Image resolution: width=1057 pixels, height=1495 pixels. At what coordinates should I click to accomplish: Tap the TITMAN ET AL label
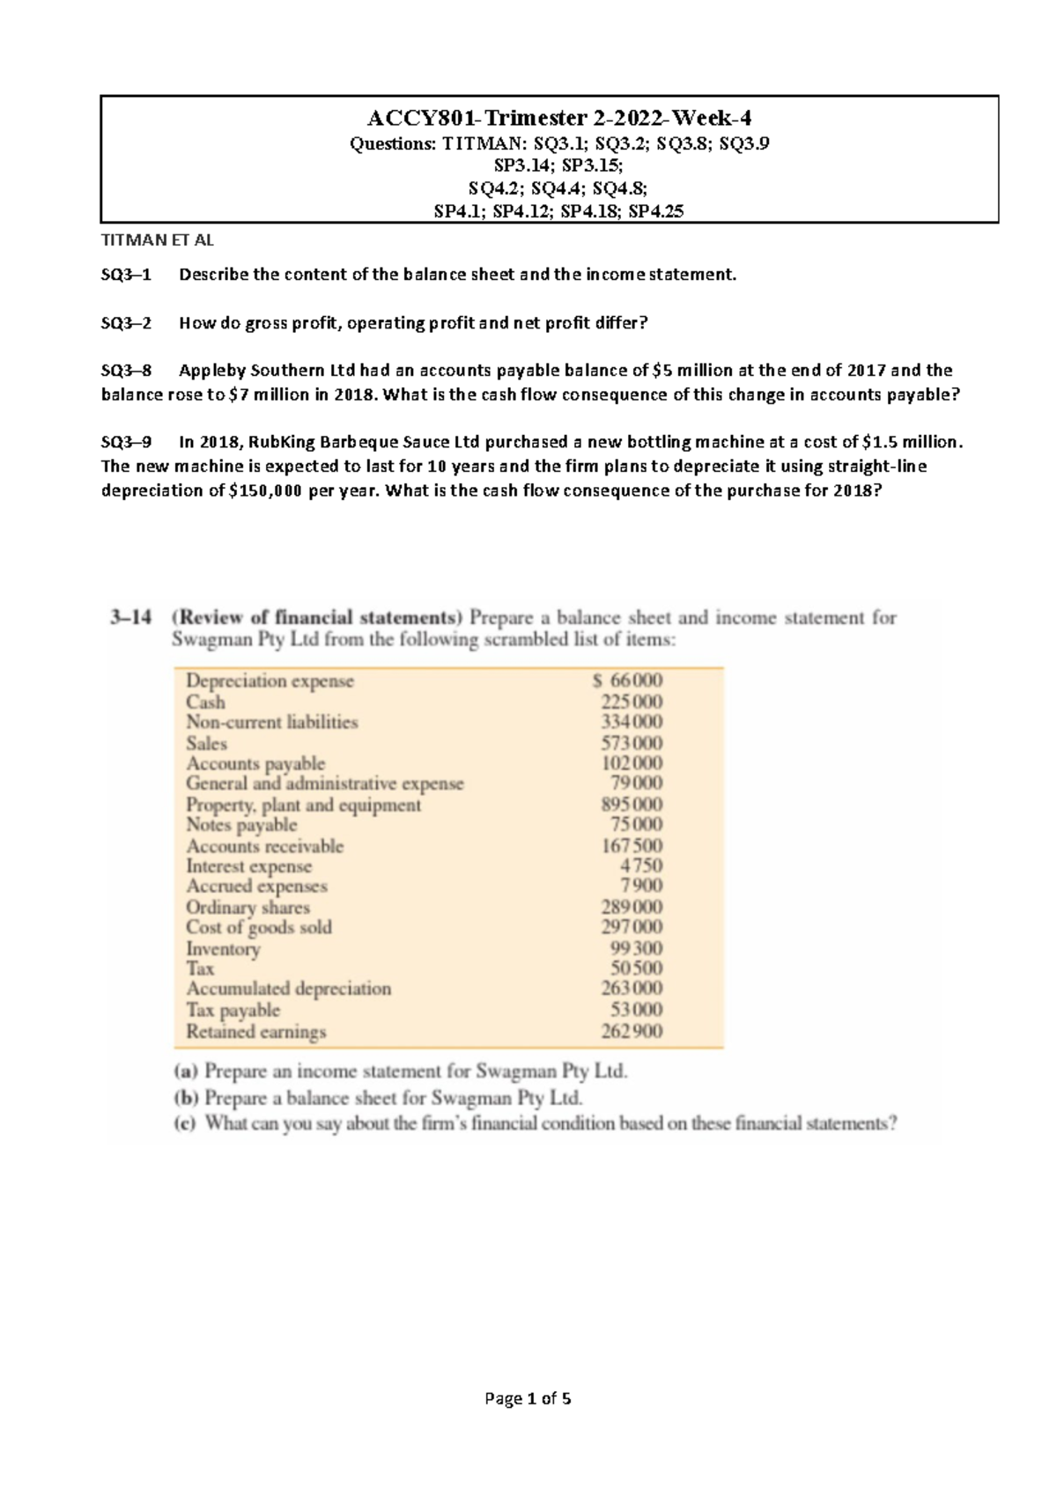point(158,239)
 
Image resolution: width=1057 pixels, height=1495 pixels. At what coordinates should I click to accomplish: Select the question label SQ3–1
point(126,275)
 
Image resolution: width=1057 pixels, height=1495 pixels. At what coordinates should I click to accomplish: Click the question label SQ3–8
point(126,371)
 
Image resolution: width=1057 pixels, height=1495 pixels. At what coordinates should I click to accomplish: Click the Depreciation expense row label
point(270,681)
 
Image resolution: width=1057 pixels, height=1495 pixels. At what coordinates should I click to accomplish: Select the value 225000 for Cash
point(632,702)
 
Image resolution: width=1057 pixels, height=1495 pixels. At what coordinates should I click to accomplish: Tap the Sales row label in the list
point(206,743)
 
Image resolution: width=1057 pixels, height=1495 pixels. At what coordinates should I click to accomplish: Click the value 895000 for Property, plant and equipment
point(632,804)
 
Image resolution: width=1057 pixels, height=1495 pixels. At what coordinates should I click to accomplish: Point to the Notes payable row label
point(241,825)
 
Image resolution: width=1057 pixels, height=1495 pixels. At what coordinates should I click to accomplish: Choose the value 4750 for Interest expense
point(640,865)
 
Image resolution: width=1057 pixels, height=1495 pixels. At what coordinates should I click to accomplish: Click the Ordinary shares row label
point(248,907)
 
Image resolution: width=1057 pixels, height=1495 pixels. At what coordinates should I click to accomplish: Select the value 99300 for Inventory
point(636,948)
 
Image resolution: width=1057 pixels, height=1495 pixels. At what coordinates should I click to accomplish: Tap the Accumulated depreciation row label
point(288,989)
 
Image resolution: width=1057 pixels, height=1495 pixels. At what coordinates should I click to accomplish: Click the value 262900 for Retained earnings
point(632,1031)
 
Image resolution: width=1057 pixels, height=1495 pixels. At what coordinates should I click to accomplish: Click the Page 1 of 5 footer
point(528,1398)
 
